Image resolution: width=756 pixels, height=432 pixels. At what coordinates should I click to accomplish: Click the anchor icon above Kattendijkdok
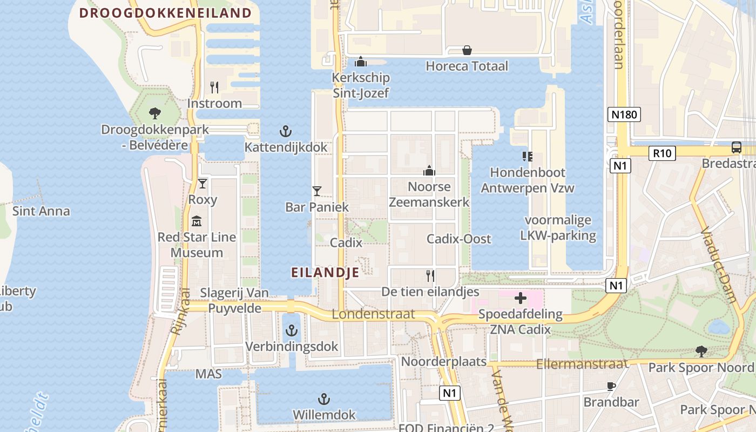(285, 131)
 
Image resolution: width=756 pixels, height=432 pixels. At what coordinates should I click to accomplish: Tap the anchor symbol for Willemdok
(323, 400)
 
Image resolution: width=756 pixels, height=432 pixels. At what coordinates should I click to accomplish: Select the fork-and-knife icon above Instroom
(214, 87)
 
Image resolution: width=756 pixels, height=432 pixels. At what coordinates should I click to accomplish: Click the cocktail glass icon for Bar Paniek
(317, 191)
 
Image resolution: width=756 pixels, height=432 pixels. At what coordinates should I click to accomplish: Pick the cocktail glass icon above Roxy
(202, 184)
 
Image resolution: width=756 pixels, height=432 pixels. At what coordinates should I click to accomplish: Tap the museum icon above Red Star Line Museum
(197, 221)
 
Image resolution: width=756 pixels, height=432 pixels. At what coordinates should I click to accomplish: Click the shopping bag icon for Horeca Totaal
(467, 51)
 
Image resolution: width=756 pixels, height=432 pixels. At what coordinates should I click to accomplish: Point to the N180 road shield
(625, 114)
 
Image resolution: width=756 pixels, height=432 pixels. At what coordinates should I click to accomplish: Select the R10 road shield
(662, 153)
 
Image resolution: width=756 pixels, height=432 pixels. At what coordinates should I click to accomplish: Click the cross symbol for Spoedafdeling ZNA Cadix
(521, 298)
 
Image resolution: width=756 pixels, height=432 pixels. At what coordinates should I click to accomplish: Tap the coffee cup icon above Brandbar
(611, 386)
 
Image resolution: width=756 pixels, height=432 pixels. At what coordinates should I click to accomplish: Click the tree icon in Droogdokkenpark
(155, 113)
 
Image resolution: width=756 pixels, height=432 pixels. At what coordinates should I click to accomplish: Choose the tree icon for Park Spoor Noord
(701, 352)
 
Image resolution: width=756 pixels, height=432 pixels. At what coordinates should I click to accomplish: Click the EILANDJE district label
(325, 273)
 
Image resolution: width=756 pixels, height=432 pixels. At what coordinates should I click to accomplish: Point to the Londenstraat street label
(373, 314)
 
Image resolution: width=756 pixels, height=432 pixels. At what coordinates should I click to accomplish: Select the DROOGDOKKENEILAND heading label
(166, 13)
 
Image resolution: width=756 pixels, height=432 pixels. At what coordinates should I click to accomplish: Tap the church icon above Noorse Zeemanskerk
(429, 171)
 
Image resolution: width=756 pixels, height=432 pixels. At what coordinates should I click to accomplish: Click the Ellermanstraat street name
(582, 364)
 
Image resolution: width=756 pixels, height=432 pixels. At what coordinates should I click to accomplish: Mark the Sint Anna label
(41, 211)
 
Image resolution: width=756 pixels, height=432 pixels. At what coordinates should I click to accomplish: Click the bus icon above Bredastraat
(736, 147)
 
